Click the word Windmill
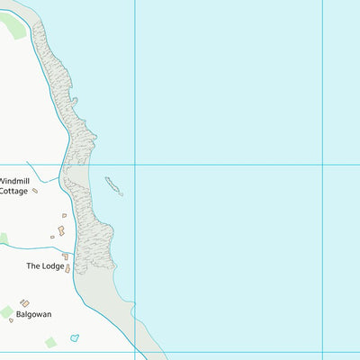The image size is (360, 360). [15, 181]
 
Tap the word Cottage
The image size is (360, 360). [13, 191]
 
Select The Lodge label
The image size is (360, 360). [45, 265]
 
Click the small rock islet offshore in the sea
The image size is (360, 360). [113, 185]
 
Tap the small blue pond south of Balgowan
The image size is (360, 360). [75, 337]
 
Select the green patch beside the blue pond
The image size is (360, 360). [50, 342]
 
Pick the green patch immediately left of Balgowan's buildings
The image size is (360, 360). [7, 311]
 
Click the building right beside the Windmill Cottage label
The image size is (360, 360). [35, 191]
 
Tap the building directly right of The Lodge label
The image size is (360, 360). [67, 267]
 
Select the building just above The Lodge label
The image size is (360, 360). [65, 256]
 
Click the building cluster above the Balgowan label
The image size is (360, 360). [24, 303]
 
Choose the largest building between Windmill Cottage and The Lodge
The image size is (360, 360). [61, 230]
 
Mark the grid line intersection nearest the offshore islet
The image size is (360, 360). [135, 165]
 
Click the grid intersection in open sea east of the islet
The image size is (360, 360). [322, 166]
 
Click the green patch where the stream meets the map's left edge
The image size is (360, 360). [3, 238]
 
